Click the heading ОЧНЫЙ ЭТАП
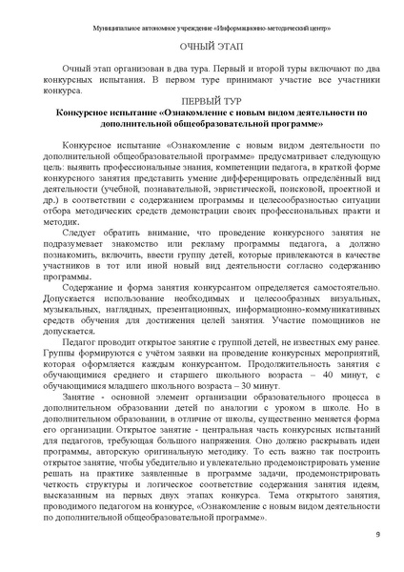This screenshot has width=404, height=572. click(202, 46)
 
